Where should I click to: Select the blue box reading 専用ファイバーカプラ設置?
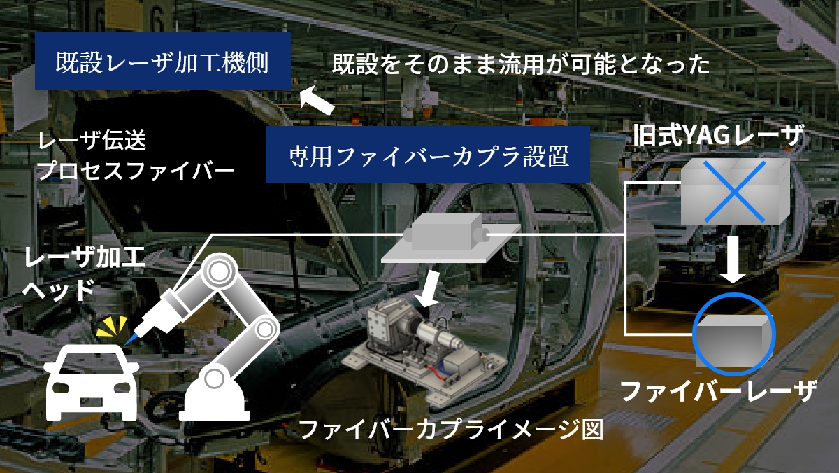point(429,155)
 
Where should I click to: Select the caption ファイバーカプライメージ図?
point(450,428)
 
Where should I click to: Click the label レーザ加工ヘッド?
point(84,274)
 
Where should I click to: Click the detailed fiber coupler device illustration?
point(426,357)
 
